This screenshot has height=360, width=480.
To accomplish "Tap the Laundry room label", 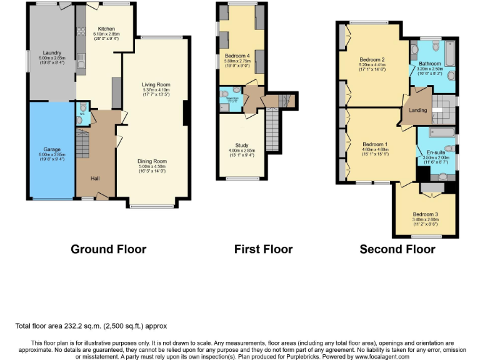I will point(52,52).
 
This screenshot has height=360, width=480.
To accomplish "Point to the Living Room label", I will point(156,85).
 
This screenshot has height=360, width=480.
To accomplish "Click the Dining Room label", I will point(152,161).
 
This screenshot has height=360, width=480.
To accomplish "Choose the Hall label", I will point(95,179).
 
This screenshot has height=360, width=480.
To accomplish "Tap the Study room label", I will point(241,145).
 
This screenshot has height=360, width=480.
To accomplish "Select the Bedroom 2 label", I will point(371,60).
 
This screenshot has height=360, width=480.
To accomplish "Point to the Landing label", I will point(417,111).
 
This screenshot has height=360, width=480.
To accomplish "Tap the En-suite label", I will point(436,152).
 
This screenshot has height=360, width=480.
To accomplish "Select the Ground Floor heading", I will point(108,249).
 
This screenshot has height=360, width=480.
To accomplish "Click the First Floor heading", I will point(263,249).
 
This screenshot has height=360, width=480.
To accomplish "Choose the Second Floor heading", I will point(397,249).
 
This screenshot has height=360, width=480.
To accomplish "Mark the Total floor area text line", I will point(91,326).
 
